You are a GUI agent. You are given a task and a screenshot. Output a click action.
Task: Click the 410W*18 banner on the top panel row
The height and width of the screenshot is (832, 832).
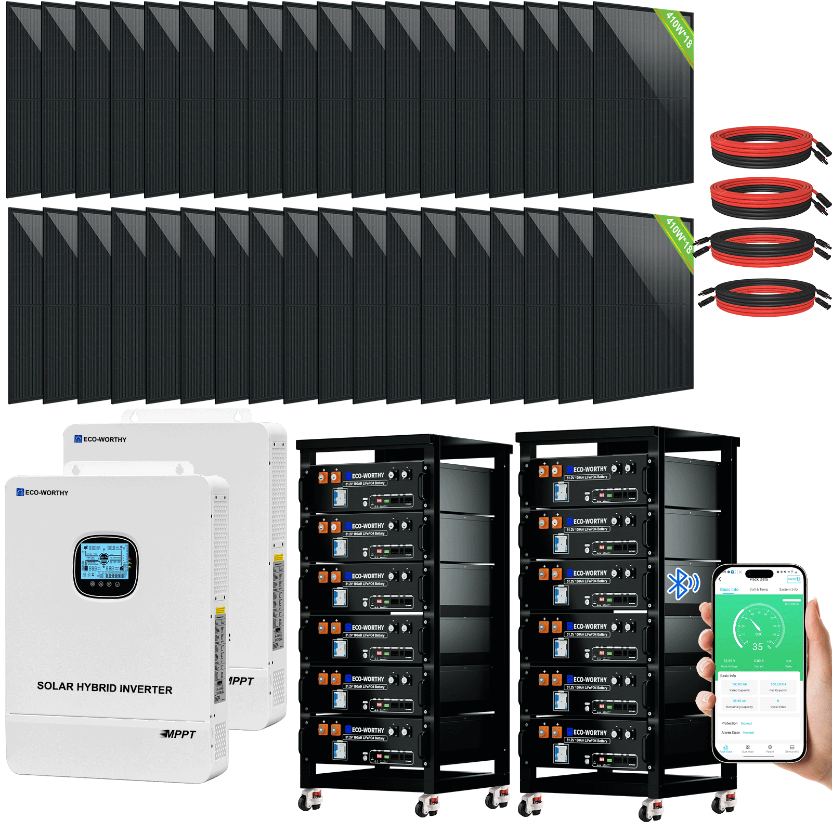(679, 31)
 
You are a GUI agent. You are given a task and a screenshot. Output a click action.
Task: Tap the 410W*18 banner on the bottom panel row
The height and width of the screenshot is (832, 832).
(679, 236)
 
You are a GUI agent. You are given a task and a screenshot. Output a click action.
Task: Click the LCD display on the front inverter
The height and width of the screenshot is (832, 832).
(106, 562)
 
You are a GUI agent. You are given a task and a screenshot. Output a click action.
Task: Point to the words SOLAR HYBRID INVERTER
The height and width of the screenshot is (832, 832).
(105, 688)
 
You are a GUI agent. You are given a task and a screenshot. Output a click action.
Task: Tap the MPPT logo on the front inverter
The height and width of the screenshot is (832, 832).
(178, 734)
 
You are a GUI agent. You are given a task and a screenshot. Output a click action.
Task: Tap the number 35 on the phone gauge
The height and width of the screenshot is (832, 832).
(758, 647)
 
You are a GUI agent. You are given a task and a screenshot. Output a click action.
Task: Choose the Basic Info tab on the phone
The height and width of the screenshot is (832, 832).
(729, 590)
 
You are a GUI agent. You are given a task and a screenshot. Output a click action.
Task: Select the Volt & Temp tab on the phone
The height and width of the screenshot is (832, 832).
(759, 590)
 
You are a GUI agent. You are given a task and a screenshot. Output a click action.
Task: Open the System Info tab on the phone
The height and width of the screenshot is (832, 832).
(788, 590)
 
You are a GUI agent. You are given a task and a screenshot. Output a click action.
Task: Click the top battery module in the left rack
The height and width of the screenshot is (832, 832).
(364, 486)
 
